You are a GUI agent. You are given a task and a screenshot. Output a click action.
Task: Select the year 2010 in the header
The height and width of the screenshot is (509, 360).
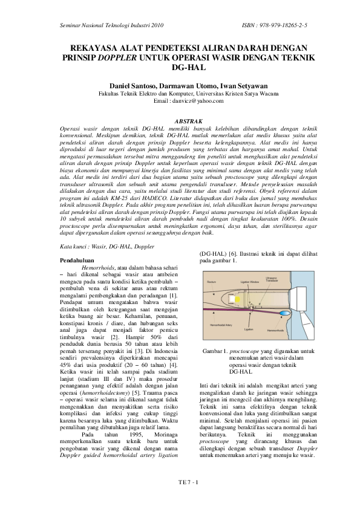[x=155, y=26]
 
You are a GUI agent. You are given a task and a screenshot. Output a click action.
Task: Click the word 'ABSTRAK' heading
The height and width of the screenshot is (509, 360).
[x=180, y=122]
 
